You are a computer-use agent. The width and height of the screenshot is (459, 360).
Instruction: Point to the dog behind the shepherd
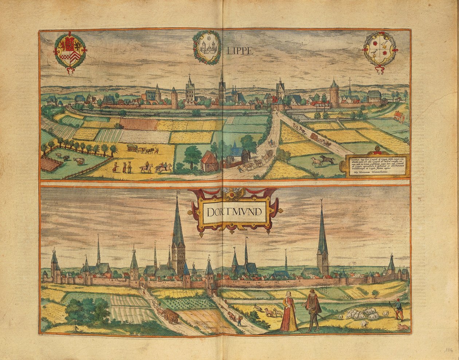pyautogui.click(x=403, y=328)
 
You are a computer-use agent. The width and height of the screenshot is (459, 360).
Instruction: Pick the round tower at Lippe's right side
pyautogui.click(x=334, y=95)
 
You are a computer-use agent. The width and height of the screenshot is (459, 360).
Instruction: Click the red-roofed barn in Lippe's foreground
pyautogui.click(x=209, y=162)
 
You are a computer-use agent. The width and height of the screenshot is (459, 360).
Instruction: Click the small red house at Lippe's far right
pyautogui.click(x=399, y=116)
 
